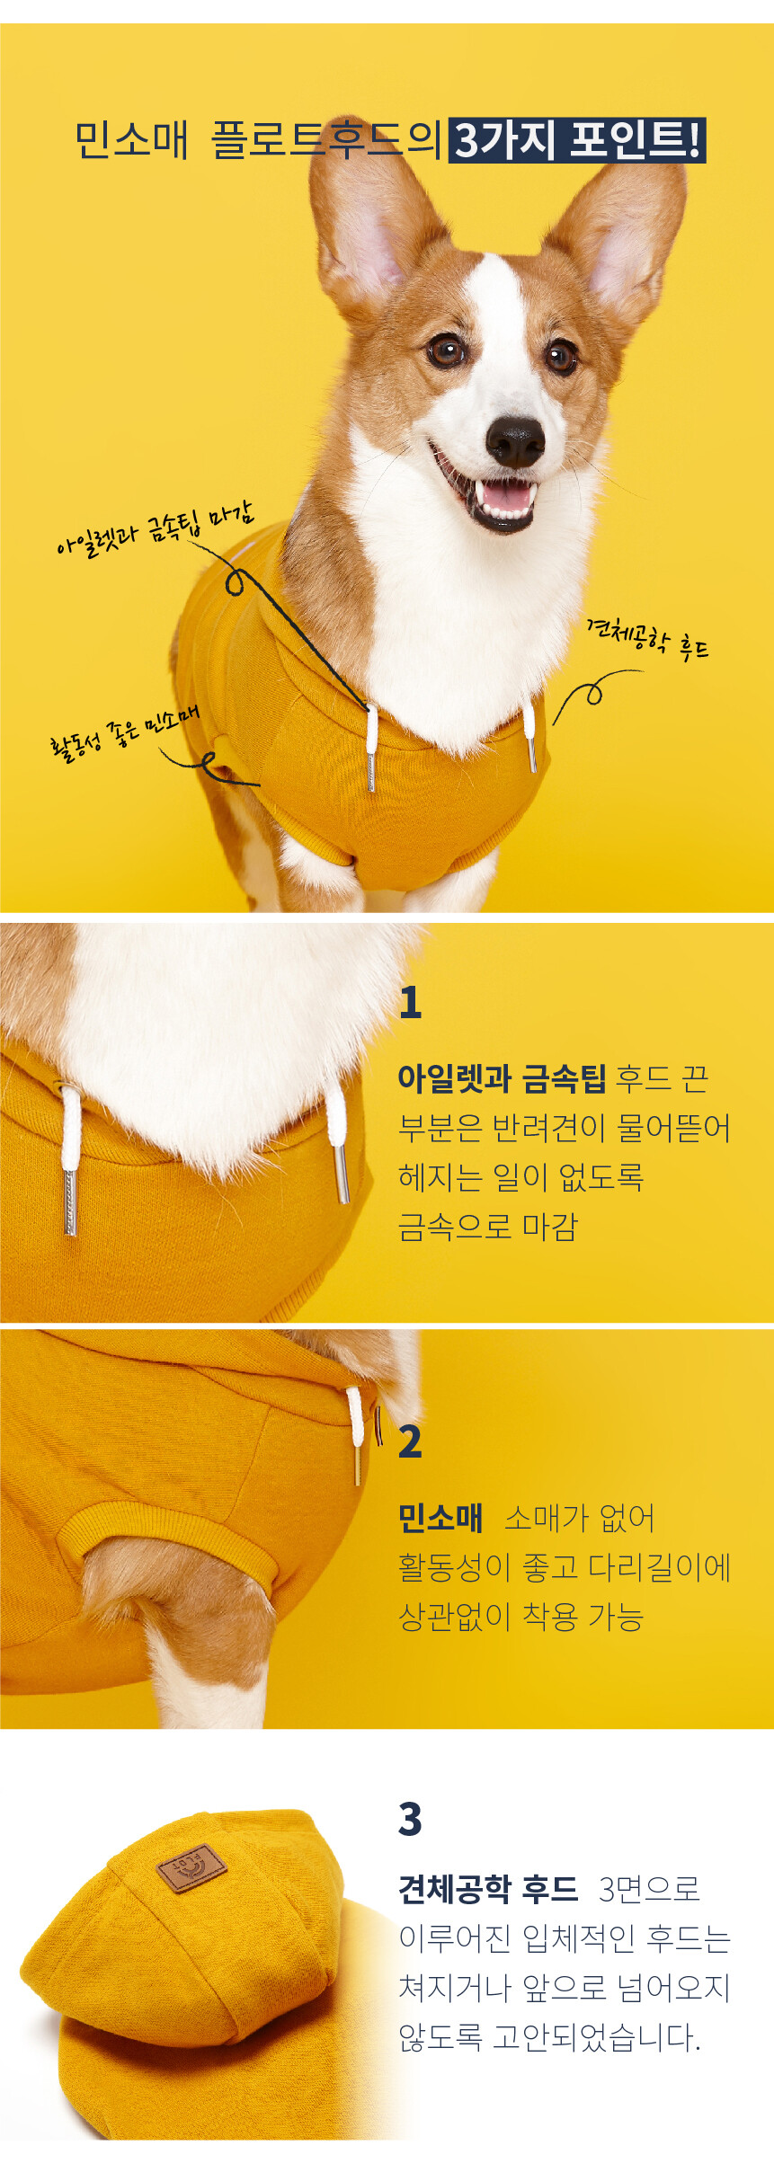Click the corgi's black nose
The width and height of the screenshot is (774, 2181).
[514, 440]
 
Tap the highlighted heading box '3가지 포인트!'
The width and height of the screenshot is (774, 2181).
[577, 140]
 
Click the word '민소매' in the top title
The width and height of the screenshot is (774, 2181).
[131, 140]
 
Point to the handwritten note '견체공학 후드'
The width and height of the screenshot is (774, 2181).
[647, 639]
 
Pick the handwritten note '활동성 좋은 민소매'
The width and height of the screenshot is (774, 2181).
[124, 731]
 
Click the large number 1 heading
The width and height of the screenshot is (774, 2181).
[410, 1002]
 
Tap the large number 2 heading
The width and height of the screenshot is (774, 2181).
[410, 1441]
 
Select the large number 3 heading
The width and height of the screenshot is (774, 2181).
[410, 1819]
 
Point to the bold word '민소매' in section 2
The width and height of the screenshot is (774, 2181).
[440, 1517]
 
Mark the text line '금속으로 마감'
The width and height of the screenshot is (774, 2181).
[488, 1226]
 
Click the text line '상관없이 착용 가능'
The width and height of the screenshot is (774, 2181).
[521, 1616]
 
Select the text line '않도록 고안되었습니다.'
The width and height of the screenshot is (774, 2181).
[550, 2037]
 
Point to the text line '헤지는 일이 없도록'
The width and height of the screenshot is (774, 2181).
[521, 1176]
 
